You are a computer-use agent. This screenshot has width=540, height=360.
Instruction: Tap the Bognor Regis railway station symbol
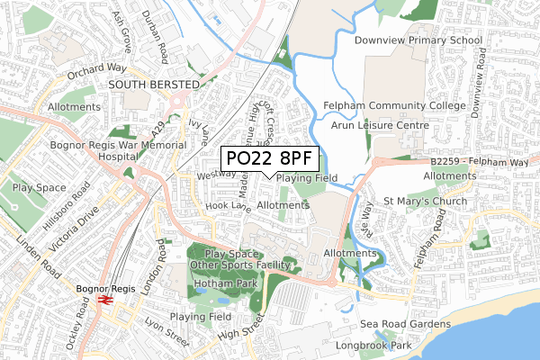point(104,298)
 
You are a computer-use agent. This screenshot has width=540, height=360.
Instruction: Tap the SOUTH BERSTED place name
point(153,85)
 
